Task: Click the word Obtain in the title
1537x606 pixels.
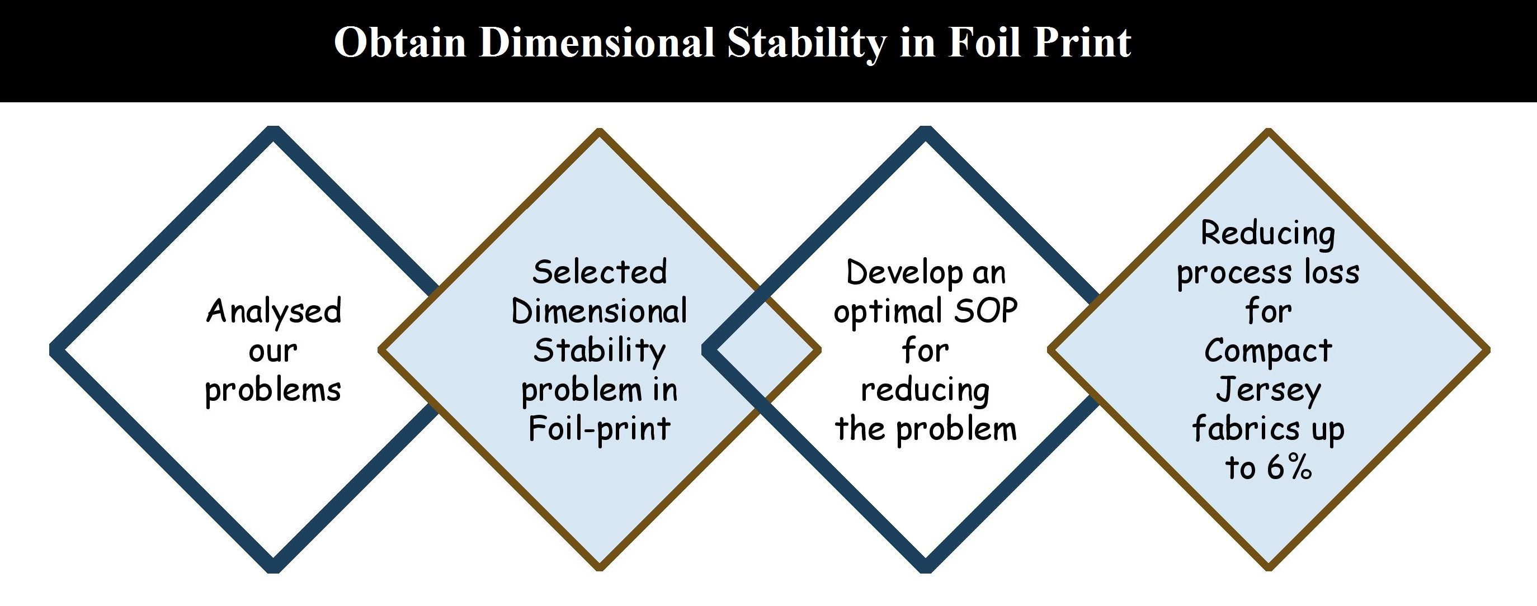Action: click(400, 43)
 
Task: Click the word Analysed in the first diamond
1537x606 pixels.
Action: click(274, 312)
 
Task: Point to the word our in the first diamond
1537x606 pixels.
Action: click(273, 351)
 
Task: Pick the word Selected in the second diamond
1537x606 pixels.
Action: click(600, 273)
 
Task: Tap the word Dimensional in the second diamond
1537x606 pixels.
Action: click(600, 312)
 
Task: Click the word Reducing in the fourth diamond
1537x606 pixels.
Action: click(1268, 234)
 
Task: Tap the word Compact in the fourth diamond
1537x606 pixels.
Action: click(1268, 351)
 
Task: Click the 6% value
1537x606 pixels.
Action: click(1289, 467)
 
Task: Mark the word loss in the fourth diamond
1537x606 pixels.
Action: click(1332, 273)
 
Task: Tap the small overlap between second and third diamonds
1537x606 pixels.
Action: click(761, 350)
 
